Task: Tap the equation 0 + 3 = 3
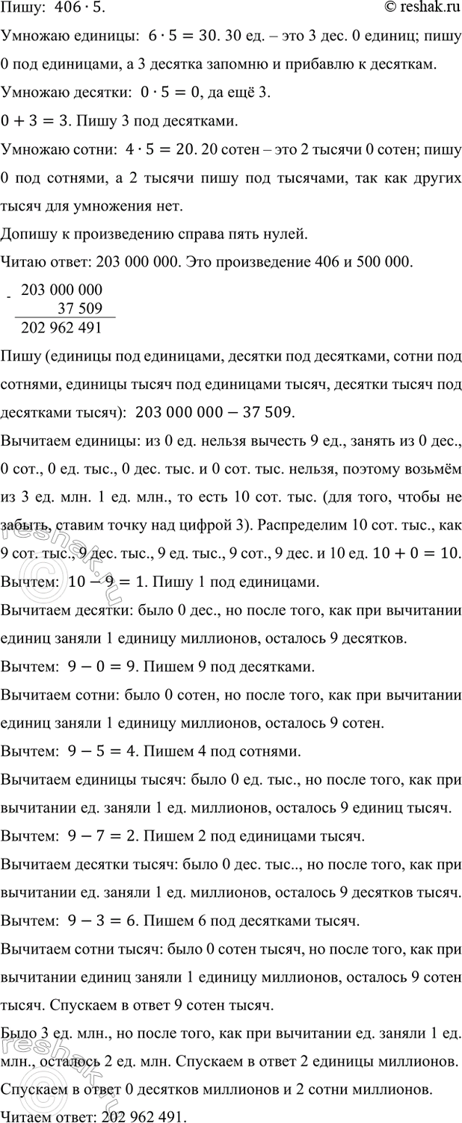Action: tap(35, 121)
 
